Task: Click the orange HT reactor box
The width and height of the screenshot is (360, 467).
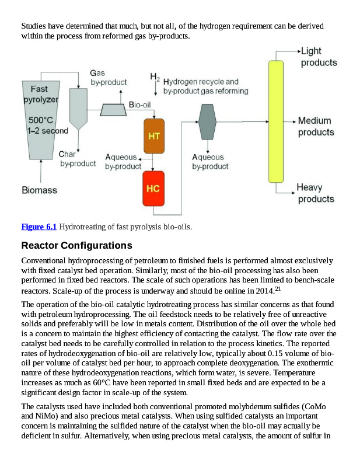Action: click(x=154, y=135)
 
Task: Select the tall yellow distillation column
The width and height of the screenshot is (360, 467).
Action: click(x=275, y=120)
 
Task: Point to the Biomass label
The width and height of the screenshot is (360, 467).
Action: click(x=39, y=190)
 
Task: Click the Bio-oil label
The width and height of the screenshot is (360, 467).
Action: click(x=140, y=105)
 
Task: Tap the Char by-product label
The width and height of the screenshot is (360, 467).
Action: click(x=78, y=159)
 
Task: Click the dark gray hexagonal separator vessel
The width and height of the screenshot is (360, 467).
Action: click(x=208, y=121)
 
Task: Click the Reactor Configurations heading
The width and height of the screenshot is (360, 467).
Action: click(x=76, y=245)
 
